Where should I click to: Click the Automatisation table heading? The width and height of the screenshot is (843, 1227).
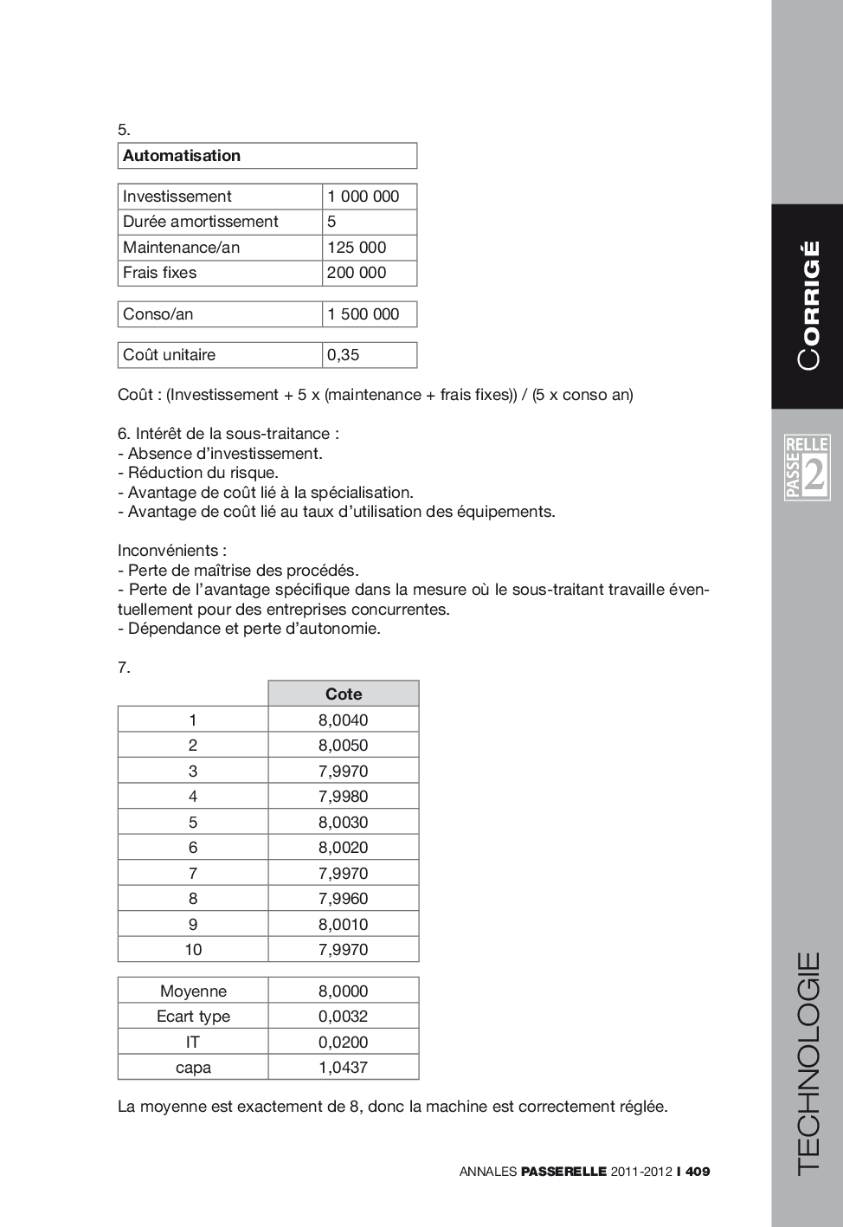click(x=182, y=156)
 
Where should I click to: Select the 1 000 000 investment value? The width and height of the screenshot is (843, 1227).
click(x=363, y=197)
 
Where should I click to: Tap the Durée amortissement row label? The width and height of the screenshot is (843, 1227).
click(x=200, y=222)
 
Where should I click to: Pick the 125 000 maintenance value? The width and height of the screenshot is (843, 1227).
click(x=357, y=248)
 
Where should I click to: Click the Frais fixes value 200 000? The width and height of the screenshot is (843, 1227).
click(x=357, y=273)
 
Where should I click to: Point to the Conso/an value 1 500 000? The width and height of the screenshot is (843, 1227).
click(x=363, y=314)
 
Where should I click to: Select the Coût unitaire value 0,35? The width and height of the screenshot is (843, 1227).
click(x=343, y=355)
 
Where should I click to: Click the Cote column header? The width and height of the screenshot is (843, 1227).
click(x=344, y=694)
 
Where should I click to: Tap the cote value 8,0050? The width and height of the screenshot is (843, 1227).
click(x=343, y=746)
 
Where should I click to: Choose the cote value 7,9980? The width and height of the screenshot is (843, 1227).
click(x=343, y=797)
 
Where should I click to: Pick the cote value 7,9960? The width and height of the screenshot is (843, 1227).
click(x=343, y=899)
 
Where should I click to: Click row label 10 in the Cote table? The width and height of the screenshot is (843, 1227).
click(x=193, y=950)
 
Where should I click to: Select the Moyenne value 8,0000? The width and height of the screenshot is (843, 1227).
click(x=343, y=991)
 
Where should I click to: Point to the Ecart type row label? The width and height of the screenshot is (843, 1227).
click(x=193, y=1017)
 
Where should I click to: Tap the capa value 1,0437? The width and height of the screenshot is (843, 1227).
click(x=343, y=1068)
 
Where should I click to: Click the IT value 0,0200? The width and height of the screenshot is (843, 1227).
click(x=343, y=1043)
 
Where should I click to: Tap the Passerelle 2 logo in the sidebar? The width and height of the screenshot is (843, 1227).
click(x=807, y=468)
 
